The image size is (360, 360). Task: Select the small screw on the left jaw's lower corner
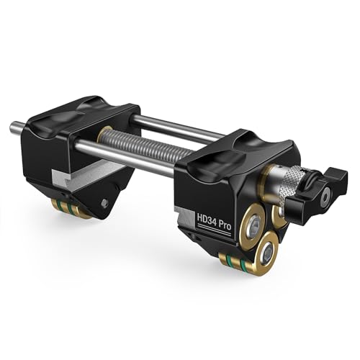coord(105,203)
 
